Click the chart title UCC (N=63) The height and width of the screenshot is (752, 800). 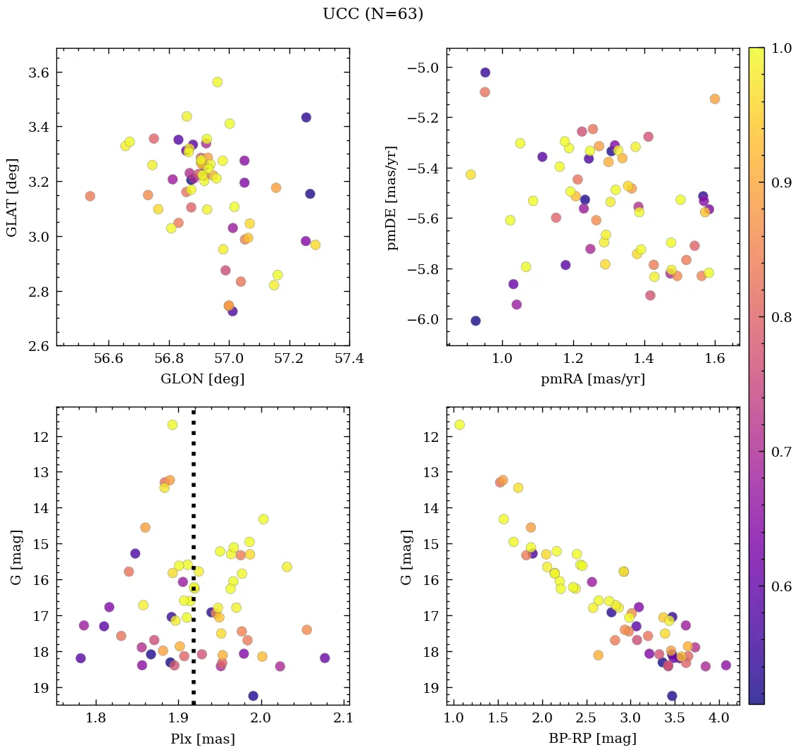(373, 14)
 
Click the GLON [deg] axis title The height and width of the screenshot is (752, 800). (203, 379)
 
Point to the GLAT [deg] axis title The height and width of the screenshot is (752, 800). (12, 197)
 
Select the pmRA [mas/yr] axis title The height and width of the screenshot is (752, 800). (592, 379)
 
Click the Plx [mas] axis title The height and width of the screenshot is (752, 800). (203, 739)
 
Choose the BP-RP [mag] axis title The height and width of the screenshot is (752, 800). (592, 739)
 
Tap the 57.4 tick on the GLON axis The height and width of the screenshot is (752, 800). (349, 359)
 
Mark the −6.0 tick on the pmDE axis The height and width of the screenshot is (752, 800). (421, 320)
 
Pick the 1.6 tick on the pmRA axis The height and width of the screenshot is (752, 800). (715, 359)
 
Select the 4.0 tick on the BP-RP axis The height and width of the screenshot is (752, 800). (718, 718)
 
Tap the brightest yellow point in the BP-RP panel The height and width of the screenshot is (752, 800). (459, 425)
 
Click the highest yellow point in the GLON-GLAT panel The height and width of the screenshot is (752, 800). (217, 82)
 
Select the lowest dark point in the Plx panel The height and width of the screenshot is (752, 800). (253, 696)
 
